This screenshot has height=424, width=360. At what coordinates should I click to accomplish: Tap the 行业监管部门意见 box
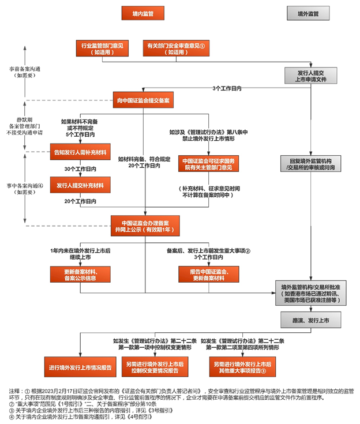point(104,48)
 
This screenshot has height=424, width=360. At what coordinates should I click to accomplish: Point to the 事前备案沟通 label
point(25,71)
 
